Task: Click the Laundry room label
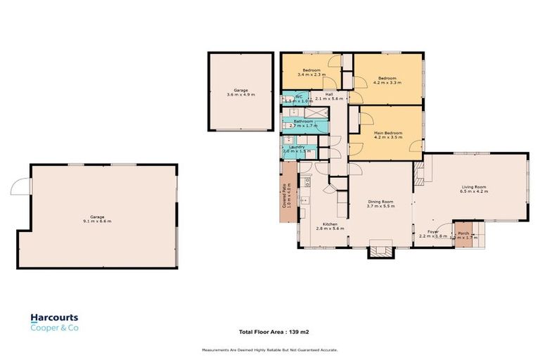[x=296, y=148]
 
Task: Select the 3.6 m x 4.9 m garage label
[x=240, y=92]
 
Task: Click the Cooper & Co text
[x=53, y=328]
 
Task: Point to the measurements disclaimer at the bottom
[x=270, y=349]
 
